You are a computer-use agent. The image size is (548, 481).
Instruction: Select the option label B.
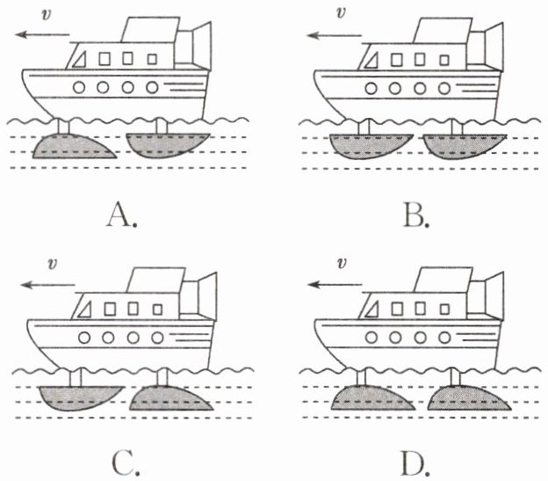412,214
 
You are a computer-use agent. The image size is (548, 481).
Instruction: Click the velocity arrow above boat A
43,34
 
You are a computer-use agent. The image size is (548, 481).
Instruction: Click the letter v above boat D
342,263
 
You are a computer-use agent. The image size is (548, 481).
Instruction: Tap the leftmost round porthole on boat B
371,88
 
